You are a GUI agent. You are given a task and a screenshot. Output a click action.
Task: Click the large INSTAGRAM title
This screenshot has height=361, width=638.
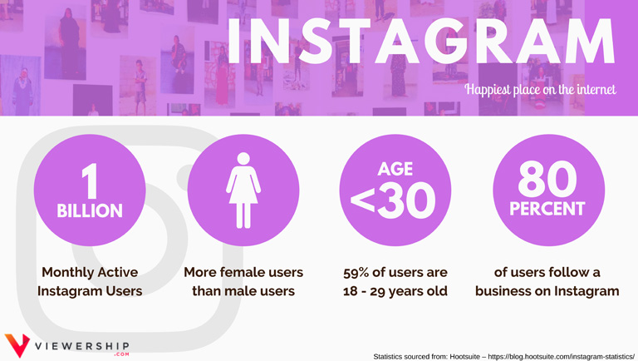[x=420, y=40]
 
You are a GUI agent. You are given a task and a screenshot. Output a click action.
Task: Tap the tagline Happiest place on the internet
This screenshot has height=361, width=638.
[x=540, y=89]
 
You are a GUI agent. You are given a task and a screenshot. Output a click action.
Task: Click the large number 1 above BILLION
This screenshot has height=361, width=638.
[x=90, y=180]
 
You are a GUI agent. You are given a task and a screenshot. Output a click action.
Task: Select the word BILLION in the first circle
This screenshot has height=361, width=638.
[x=90, y=210]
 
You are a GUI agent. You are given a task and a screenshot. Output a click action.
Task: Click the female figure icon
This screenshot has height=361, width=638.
[x=243, y=190]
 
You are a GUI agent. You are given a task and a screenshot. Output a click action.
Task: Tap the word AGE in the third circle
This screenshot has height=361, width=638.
[x=395, y=169]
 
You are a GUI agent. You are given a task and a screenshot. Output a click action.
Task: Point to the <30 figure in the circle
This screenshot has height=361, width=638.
[x=393, y=200]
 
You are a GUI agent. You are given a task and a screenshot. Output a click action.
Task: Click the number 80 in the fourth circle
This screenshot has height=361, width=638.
[x=547, y=179]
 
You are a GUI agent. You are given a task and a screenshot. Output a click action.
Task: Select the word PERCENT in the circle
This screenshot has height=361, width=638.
[x=547, y=209]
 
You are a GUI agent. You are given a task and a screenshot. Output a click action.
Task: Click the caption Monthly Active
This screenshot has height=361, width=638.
[x=90, y=272]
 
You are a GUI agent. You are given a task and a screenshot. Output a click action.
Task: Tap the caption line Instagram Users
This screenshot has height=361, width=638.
[x=90, y=291]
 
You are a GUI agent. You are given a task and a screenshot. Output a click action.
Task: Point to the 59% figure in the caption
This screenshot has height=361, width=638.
[x=356, y=273]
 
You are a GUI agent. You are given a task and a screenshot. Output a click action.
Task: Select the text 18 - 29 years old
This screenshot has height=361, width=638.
[x=395, y=291]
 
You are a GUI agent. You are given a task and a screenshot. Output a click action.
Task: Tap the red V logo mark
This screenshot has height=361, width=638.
[x=17, y=344]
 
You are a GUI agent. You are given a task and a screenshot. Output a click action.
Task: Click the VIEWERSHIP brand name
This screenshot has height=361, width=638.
[x=81, y=347]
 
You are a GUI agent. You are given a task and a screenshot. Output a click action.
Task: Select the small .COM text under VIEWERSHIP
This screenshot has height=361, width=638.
[x=121, y=354]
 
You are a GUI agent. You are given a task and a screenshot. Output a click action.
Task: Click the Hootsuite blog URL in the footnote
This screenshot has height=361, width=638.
[x=561, y=357]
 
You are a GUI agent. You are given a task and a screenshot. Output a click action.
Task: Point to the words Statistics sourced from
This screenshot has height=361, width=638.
[x=410, y=357]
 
